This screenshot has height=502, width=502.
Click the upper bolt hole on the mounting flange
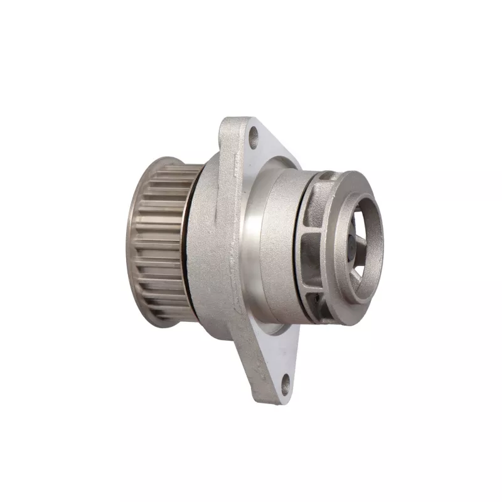pos(254,136)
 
